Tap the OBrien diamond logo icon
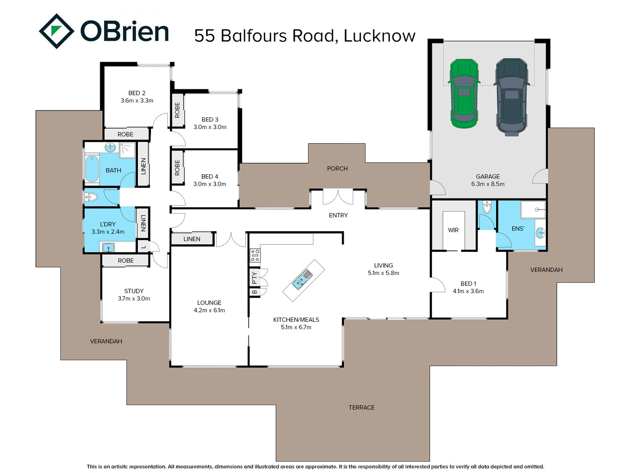[x=56, y=31]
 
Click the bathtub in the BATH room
[x=92, y=169]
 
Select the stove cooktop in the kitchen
[x=255, y=255]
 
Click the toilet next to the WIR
[x=487, y=207]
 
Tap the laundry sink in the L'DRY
[x=108, y=248]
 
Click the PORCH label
[x=337, y=169]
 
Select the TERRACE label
[x=361, y=408]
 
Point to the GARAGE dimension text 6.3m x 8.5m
[x=488, y=184]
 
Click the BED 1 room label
[x=468, y=284]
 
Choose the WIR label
[x=453, y=230]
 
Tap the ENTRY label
[x=338, y=215]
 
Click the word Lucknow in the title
[x=379, y=36]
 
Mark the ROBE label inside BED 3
[x=177, y=110]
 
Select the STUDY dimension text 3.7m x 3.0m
[x=134, y=299]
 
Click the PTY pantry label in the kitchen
[x=254, y=277]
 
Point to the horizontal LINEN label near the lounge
[x=192, y=239]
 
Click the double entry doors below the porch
[x=338, y=197]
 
